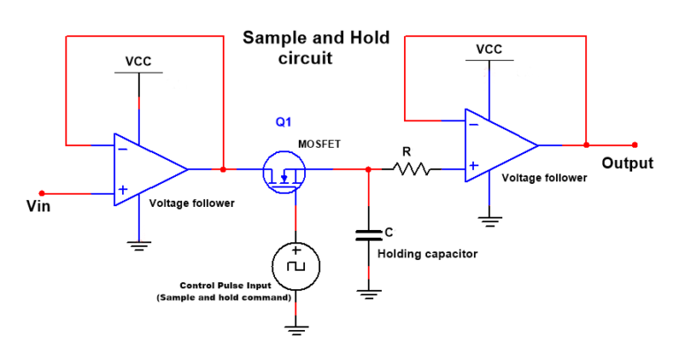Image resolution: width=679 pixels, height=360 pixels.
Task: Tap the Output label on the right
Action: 627,164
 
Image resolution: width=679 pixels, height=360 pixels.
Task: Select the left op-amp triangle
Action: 147,169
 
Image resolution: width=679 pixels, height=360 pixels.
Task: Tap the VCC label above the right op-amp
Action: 489,50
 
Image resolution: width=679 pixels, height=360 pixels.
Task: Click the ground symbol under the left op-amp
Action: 138,245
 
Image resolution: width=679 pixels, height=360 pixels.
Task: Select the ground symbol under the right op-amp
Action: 489,218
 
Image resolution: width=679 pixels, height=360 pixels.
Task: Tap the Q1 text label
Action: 283,123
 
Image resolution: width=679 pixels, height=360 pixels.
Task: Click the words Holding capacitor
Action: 427,254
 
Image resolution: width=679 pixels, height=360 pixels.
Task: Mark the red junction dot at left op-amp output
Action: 223,168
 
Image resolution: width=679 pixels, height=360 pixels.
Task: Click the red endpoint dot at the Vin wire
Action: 41,191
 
